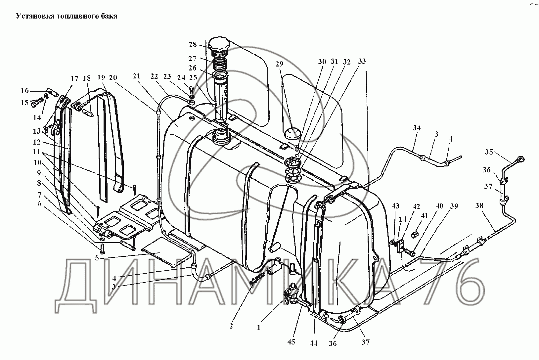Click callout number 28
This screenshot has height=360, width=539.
tap(193, 44)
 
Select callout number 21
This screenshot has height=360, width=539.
tap(136, 76)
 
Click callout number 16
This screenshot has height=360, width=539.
tap(25, 91)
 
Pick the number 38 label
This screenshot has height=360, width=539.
tap(479, 206)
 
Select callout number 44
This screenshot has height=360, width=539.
tap(313, 343)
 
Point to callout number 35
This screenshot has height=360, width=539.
tap(489, 152)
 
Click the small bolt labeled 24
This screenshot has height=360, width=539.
tap(191, 89)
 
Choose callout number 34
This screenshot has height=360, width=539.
tap(417, 128)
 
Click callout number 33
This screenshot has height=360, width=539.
tap(362, 62)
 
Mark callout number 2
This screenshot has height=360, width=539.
tap(231, 326)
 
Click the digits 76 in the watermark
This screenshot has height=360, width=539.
tap(455, 283)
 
